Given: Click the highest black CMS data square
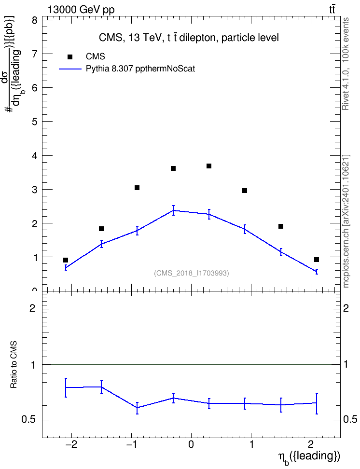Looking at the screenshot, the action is click(x=209, y=166).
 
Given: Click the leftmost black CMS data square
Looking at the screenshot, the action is click(x=66, y=260).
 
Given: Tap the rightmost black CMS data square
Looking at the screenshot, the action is click(x=316, y=259).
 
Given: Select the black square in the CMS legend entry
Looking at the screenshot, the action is click(x=70, y=57).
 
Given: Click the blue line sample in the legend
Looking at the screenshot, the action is click(x=70, y=69).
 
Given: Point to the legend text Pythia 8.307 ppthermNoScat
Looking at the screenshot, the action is click(x=140, y=69).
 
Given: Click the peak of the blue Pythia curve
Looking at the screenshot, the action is click(x=173, y=210).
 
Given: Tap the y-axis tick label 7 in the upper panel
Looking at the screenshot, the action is click(x=35, y=54).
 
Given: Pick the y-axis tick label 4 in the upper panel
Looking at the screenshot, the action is click(x=35, y=156).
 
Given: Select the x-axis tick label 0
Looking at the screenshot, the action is click(x=191, y=444).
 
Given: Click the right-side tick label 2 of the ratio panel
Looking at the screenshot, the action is click(x=346, y=308).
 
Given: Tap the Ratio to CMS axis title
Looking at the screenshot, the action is click(x=14, y=365).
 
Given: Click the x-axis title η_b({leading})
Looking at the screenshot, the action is click(x=309, y=457).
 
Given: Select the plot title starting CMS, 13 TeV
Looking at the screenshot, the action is click(x=189, y=38).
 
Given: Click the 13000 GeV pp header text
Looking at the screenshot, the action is click(x=81, y=10).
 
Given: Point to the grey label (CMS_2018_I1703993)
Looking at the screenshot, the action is click(x=192, y=273).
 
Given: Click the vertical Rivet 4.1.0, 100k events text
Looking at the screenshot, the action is click(x=346, y=64).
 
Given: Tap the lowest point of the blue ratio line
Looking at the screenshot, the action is click(x=137, y=407).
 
